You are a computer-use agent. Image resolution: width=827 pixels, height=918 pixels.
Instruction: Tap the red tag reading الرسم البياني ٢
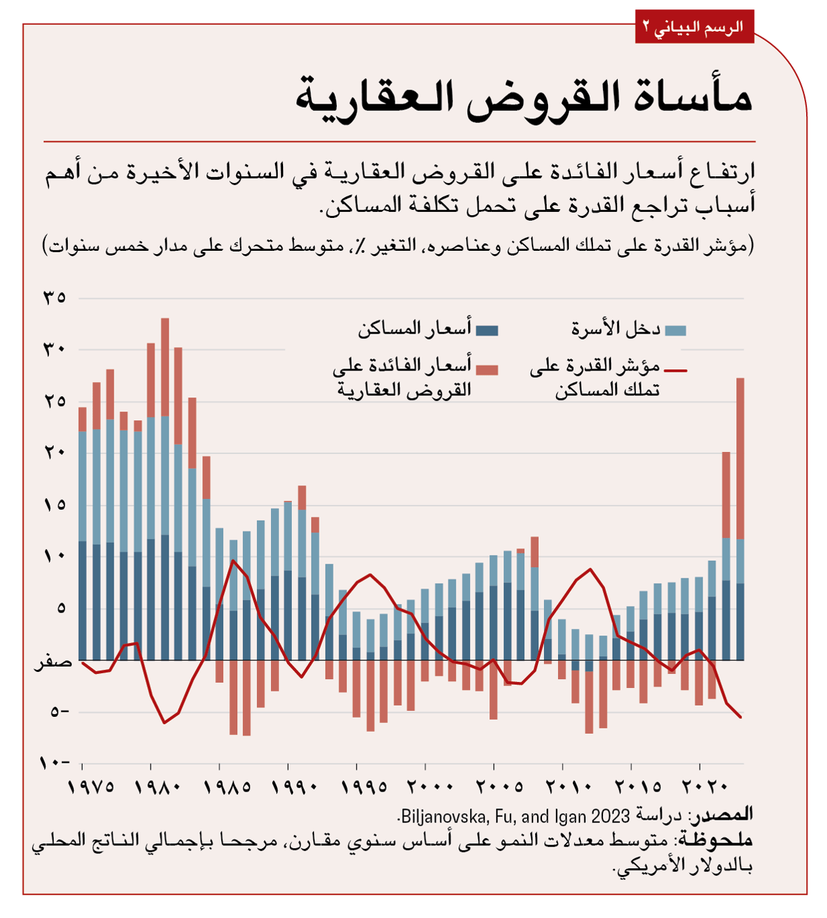click(x=694, y=28)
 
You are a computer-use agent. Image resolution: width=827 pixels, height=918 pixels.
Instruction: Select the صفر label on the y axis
click(x=54, y=662)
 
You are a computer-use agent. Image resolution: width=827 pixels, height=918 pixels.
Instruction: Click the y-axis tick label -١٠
click(x=54, y=763)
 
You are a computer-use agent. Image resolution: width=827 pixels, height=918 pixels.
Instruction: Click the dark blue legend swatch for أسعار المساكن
click(x=487, y=330)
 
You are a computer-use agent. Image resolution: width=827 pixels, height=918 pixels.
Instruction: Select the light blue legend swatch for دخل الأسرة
click(x=675, y=330)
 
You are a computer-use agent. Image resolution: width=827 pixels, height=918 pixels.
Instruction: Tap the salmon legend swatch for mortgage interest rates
click(x=487, y=370)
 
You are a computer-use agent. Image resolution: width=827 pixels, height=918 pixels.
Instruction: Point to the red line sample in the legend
click(x=675, y=370)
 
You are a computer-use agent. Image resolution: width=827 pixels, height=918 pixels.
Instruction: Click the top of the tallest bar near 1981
click(x=165, y=320)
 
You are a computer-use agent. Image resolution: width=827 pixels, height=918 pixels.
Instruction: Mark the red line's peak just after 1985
click(x=233, y=561)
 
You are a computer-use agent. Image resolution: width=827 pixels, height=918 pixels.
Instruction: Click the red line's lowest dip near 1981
click(x=164, y=722)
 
